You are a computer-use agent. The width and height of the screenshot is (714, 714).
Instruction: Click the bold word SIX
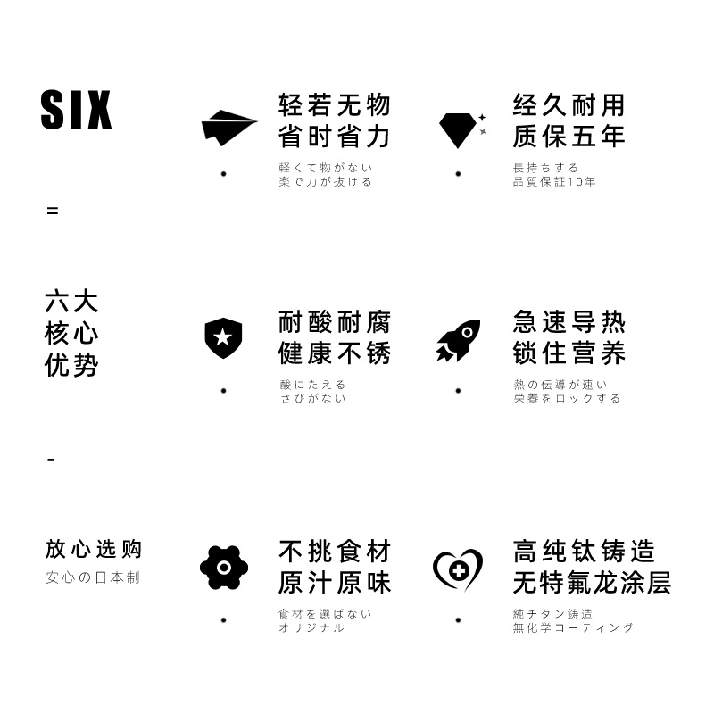pos(77,111)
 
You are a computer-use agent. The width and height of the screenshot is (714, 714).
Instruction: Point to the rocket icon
pos(458,340)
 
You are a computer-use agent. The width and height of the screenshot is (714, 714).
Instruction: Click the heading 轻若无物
pos(335,105)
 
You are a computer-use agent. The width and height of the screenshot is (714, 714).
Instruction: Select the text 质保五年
pos(569,137)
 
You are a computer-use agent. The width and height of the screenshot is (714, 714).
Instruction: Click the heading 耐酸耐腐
pos(335,322)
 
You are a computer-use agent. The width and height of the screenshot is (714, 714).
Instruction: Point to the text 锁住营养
pos(569,353)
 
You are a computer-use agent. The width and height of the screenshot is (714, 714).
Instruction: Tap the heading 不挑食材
pos(335,551)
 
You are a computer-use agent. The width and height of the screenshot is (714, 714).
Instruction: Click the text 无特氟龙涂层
pos(592,584)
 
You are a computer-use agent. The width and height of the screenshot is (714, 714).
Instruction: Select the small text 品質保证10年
pos(553,182)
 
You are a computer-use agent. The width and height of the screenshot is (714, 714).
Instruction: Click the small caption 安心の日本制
pos(93,577)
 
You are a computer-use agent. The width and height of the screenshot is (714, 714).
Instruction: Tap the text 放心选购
pos(93,549)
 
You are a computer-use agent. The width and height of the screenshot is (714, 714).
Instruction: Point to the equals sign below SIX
pos(53,212)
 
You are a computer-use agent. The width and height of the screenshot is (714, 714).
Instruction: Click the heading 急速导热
pos(569,322)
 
